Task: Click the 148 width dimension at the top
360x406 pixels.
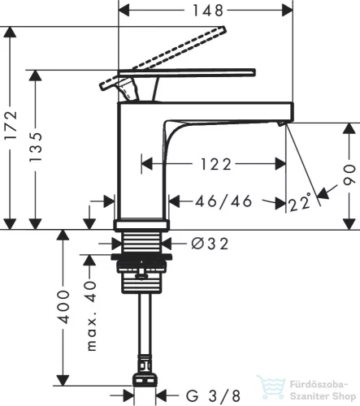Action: pos(208,11)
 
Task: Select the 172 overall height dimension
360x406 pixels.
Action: pos(11,125)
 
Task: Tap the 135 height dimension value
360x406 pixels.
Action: pos(36,147)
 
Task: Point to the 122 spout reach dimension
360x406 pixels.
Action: pos(216,164)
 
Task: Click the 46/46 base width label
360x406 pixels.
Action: pos(223,201)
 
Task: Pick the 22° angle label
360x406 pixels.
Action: pos(300,202)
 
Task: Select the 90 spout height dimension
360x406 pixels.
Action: pos(349,175)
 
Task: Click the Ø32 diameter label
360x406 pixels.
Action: pos(210,244)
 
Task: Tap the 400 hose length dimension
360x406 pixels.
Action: pos(64,307)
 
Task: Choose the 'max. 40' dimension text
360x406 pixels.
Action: pos(92,316)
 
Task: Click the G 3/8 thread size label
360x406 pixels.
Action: pos(213,395)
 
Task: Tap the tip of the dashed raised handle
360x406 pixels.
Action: pos(223,28)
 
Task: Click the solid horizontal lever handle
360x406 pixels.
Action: pos(187,72)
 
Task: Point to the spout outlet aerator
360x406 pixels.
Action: pos(280,124)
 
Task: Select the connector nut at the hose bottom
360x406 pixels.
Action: pos(145,380)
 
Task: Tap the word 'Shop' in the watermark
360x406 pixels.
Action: pos(344,396)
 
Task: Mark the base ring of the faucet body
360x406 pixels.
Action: pos(141,225)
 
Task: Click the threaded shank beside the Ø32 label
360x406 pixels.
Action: pos(141,243)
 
